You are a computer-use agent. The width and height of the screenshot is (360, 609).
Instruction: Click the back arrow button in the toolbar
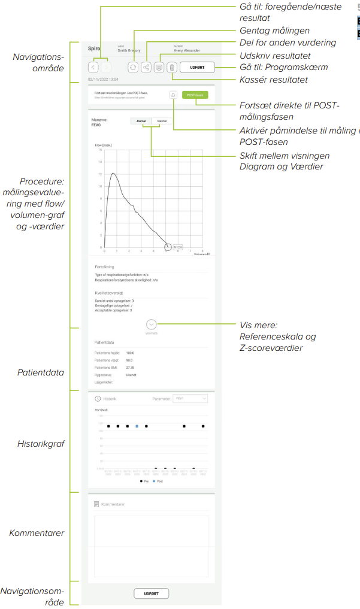coord(93,68)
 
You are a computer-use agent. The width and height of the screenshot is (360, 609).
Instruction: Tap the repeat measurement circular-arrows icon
coord(133,68)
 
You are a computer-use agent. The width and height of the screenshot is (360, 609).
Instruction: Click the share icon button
coord(146,68)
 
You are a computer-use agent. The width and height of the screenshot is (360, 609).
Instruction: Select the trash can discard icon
coord(172,68)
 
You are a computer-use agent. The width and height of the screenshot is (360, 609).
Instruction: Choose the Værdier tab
coord(161,121)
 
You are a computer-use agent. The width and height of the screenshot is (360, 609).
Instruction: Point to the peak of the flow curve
coord(111,174)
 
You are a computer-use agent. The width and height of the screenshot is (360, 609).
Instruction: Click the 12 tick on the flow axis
coord(100,174)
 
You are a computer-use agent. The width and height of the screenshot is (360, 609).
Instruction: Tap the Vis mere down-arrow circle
coord(152,324)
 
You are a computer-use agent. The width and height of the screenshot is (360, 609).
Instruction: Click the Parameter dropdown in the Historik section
coord(189,398)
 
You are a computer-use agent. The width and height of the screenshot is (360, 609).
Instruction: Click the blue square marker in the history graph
coord(137,426)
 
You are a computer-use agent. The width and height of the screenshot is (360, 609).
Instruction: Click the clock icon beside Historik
coord(98,398)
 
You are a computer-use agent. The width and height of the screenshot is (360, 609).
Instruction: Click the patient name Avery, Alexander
coord(187,51)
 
